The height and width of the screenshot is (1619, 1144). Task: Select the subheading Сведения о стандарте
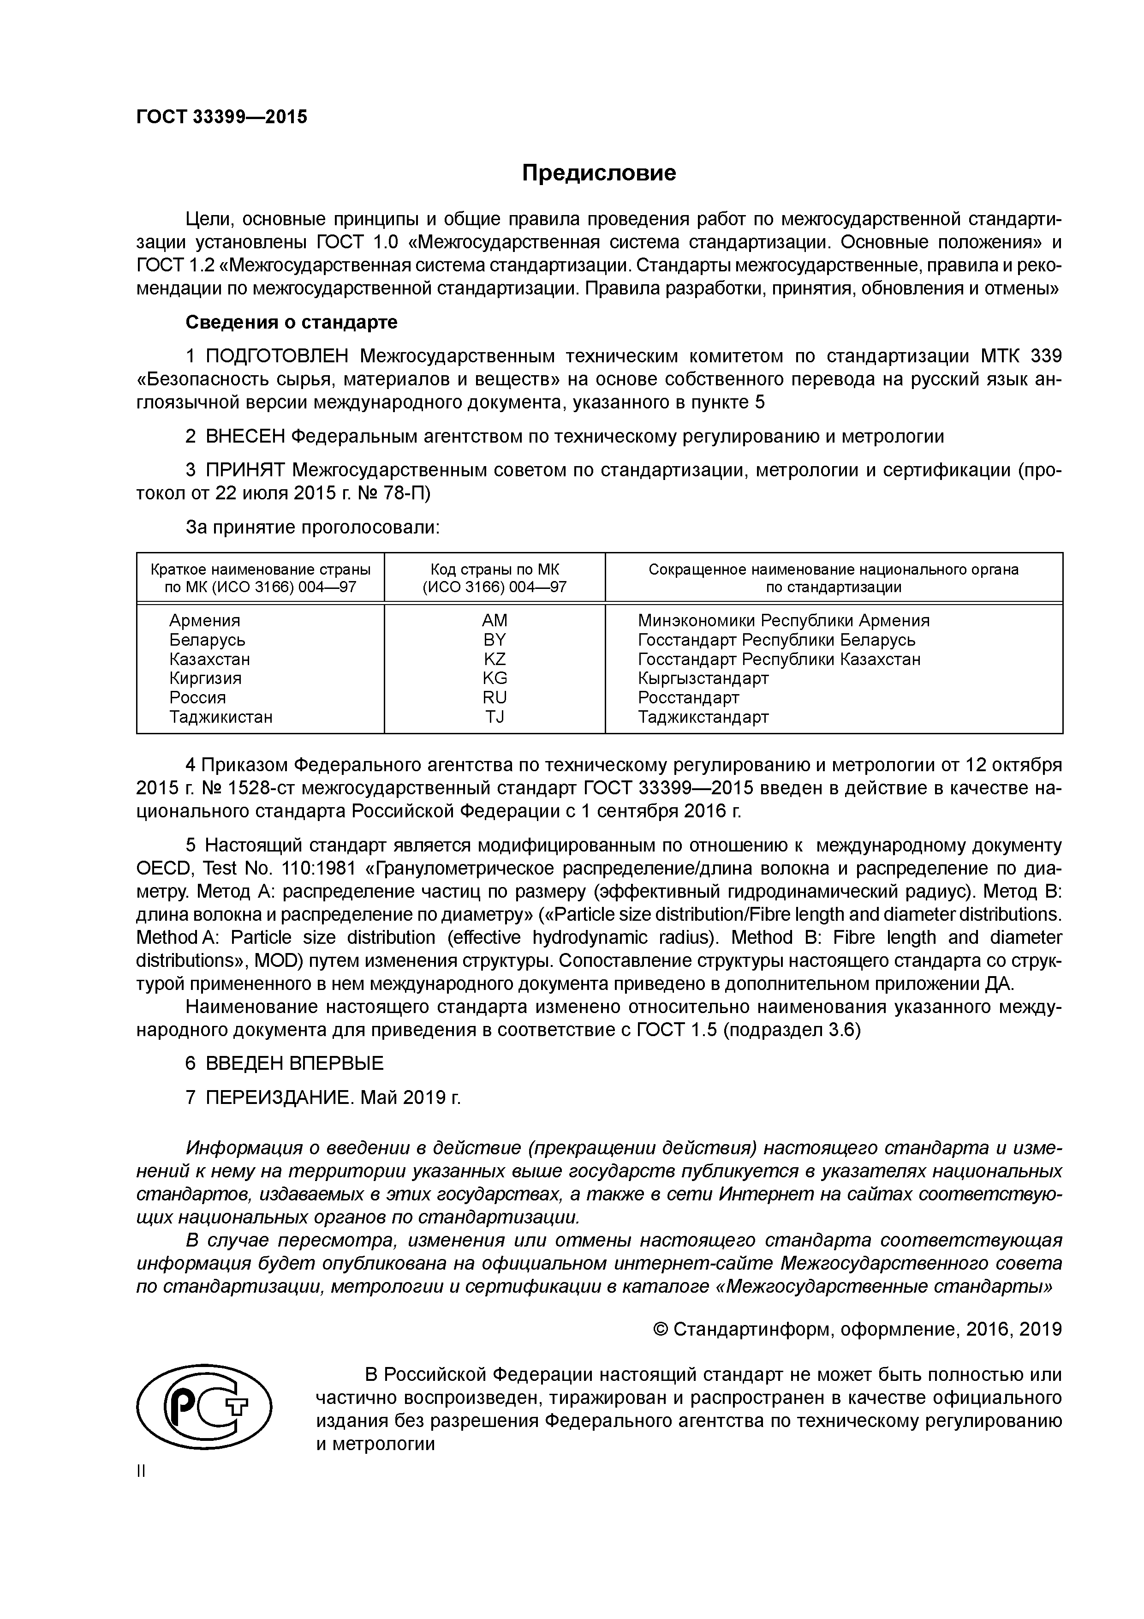coord(291,322)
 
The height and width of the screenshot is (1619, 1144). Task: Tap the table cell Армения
coord(204,621)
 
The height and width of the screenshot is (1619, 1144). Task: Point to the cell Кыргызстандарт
coord(703,678)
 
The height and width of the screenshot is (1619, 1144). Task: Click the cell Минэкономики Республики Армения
coord(783,621)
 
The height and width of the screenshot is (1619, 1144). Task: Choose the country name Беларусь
coord(207,640)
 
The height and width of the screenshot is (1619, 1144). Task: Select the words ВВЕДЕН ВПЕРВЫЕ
coord(295,1063)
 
